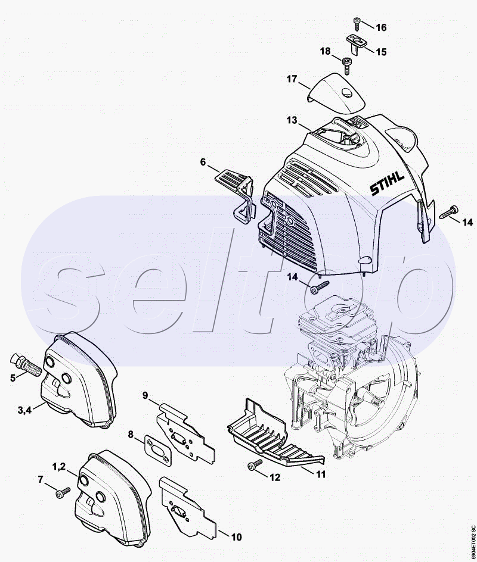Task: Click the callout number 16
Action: click(x=381, y=27)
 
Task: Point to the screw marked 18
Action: click(x=346, y=65)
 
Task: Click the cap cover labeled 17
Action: click(x=337, y=93)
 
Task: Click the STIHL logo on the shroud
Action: click(x=387, y=183)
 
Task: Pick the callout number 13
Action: click(x=292, y=120)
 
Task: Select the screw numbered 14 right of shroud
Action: click(x=448, y=212)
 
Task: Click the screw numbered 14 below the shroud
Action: click(x=320, y=286)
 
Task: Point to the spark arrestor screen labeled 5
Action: click(x=23, y=363)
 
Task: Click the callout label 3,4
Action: click(x=24, y=410)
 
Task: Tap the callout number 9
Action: click(x=145, y=396)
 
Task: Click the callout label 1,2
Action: click(x=59, y=466)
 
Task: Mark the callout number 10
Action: click(x=236, y=537)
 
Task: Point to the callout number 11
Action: click(x=321, y=474)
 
